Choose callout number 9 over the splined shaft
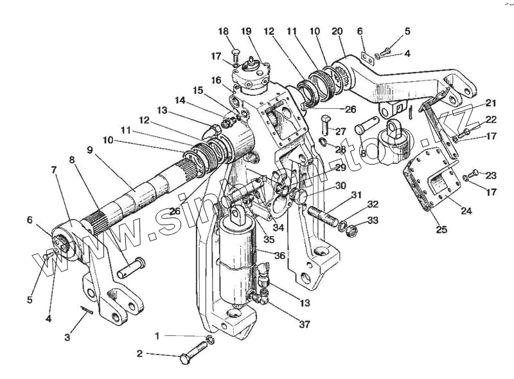click(x=89, y=150)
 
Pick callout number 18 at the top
click(x=223, y=32)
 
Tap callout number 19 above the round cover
click(x=247, y=32)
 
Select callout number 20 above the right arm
click(x=337, y=32)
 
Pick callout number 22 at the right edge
click(x=490, y=120)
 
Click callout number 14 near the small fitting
click(x=179, y=100)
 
